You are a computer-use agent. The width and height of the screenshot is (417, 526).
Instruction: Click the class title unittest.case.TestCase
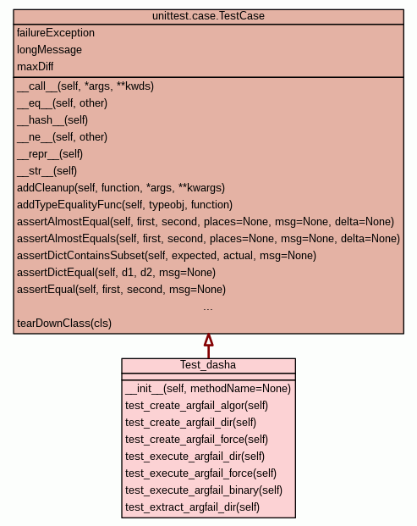pos(208,16)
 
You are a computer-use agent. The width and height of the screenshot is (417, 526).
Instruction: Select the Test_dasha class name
pos(208,365)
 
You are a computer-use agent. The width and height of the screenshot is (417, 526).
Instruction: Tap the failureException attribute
pos(56,33)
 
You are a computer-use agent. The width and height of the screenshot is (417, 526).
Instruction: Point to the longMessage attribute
pos(49,50)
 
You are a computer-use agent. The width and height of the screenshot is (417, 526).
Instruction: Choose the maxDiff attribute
pos(36,66)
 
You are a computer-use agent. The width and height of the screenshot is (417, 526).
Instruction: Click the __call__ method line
pos(85,86)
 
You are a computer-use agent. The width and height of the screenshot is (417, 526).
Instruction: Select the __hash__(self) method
pos(52,120)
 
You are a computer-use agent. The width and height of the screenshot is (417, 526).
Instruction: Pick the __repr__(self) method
pos(50,154)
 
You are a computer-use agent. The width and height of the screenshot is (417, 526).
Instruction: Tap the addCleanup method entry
pos(121,188)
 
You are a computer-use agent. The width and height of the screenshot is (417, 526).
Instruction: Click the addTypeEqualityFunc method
pos(124,205)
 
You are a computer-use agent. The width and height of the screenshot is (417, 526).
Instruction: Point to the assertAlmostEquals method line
pos(208,239)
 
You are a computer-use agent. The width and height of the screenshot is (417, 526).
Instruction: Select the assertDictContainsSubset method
pos(167,256)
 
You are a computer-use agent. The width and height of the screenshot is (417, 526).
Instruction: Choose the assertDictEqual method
pos(116,273)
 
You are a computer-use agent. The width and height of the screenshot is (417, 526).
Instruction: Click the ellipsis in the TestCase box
pos(208,308)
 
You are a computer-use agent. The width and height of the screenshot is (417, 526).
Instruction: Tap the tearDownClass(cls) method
pos(64,324)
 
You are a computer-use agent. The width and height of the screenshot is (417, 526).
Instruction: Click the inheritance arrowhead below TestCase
pos(208,340)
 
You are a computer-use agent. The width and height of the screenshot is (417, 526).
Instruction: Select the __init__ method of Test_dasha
pos(208,389)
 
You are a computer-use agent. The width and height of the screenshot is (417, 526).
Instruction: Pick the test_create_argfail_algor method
pos(196,406)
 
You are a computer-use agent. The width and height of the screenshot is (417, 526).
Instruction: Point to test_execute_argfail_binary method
pos(204,490)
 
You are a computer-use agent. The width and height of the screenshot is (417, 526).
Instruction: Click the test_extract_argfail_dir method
pos(192,507)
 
